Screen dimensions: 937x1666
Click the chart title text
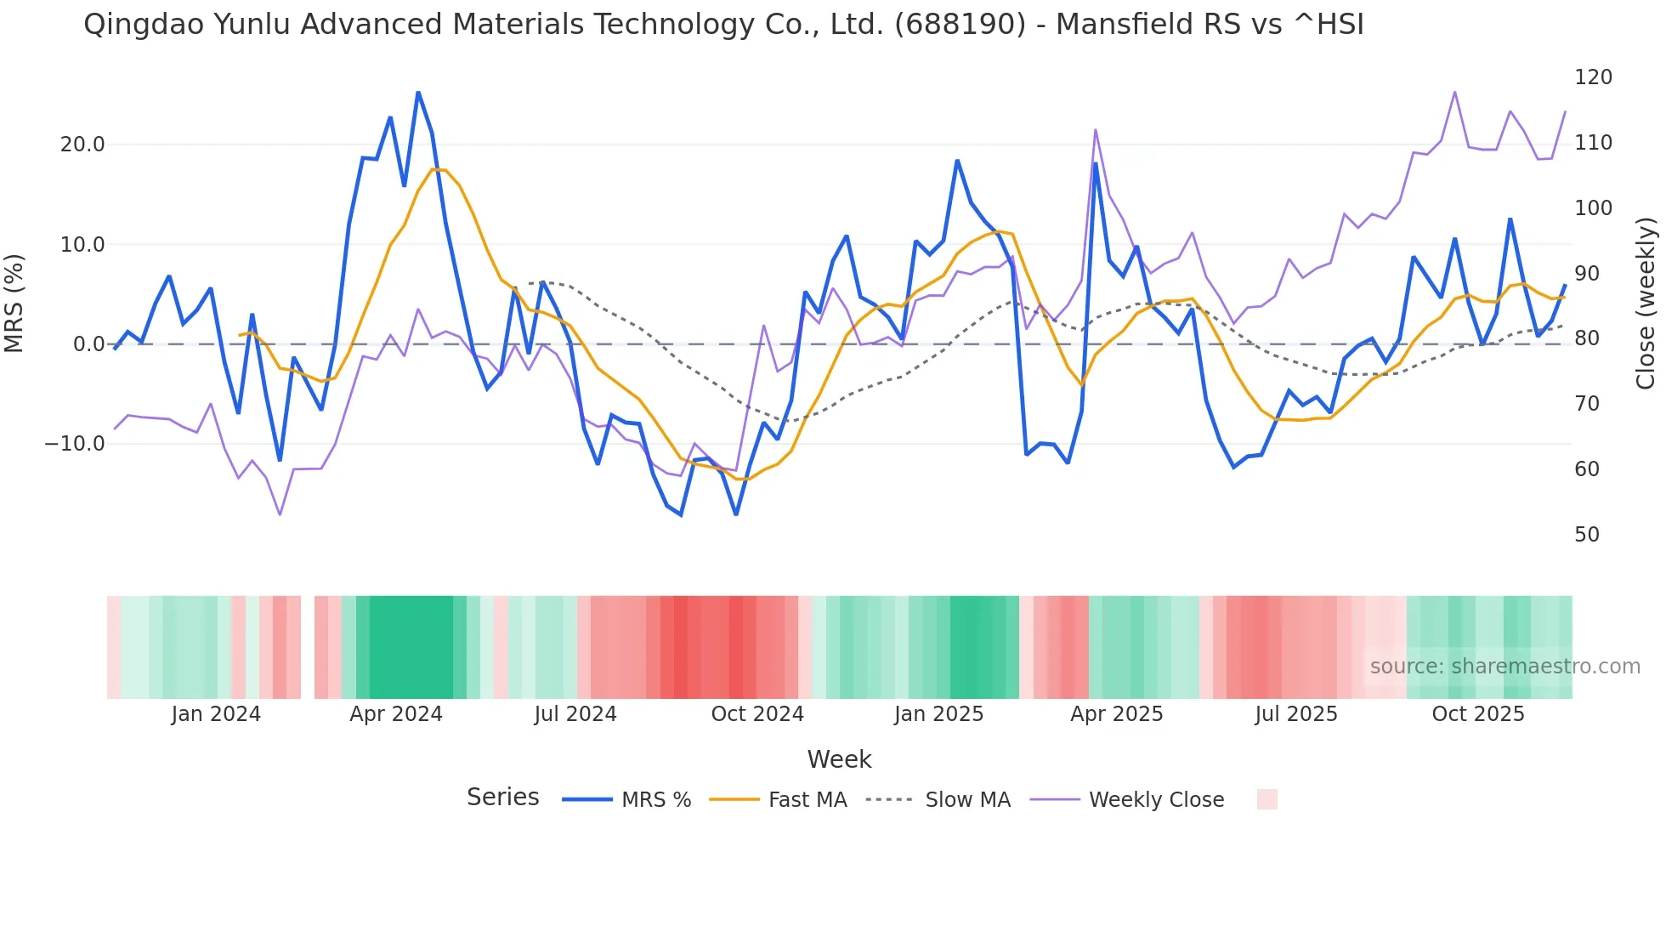click(x=723, y=25)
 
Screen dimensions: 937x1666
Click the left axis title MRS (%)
click(x=14, y=303)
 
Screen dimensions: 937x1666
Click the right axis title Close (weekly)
click(x=1646, y=303)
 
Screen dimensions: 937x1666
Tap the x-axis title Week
click(x=839, y=759)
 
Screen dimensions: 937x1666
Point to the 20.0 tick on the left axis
click(x=82, y=145)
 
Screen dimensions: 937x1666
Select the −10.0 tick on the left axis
click(x=76, y=444)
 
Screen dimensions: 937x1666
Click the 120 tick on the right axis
click(x=1593, y=77)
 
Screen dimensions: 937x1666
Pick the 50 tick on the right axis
click(x=1587, y=535)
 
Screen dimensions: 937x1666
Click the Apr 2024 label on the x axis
click(x=396, y=714)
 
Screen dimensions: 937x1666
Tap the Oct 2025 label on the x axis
click(x=1478, y=714)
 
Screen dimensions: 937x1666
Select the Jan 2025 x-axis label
click(x=938, y=714)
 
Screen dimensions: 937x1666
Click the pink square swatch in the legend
click(x=1266, y=799)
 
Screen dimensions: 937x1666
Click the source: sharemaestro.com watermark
click(x=1504, y=667)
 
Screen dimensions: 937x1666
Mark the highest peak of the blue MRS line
click(x=418, y=92)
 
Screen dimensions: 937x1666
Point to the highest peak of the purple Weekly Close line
click(x=1454, y=92)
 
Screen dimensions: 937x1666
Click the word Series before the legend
click(x=502, y=798)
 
